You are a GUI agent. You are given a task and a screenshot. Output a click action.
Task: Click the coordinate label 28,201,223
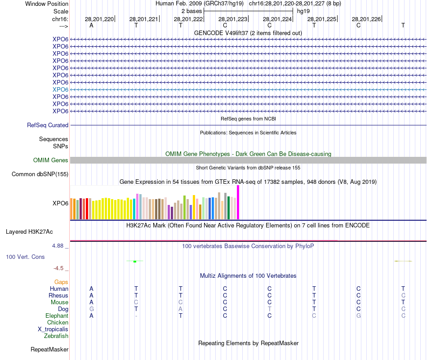(233, 19)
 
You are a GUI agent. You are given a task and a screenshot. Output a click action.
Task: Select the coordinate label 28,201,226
(366, 19)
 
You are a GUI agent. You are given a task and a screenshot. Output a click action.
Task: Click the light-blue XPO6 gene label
(60, 89)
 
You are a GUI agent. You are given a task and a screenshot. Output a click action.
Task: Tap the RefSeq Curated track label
(48, 125)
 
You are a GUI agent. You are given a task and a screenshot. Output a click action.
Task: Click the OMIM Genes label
(51, 160)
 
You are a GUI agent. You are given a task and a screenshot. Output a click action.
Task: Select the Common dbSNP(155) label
(40, 174)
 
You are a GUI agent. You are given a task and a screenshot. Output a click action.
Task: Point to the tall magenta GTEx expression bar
(238, 202)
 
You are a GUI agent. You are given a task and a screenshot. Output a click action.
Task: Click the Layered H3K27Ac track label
(29, 232)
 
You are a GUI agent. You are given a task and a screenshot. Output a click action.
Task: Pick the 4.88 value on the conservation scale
(60, 246)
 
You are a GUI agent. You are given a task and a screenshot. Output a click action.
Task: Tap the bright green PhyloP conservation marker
(135, 261)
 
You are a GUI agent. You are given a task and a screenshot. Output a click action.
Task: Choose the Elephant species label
(57, 316)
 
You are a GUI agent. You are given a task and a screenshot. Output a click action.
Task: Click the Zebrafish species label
(56, 336)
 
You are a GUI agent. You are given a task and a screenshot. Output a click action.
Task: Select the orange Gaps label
(61, 282)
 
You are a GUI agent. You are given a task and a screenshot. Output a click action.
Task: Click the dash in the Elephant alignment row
(136, 316)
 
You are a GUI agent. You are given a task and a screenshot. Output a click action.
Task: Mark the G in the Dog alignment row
(92, 309)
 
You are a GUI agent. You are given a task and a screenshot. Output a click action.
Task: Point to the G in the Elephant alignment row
(359, 316)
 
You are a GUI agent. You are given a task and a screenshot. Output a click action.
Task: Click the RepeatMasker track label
(49, 349)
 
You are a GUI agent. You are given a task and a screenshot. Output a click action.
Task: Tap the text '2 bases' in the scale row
(191, 11)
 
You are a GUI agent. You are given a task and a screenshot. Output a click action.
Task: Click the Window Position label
(47, 4)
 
